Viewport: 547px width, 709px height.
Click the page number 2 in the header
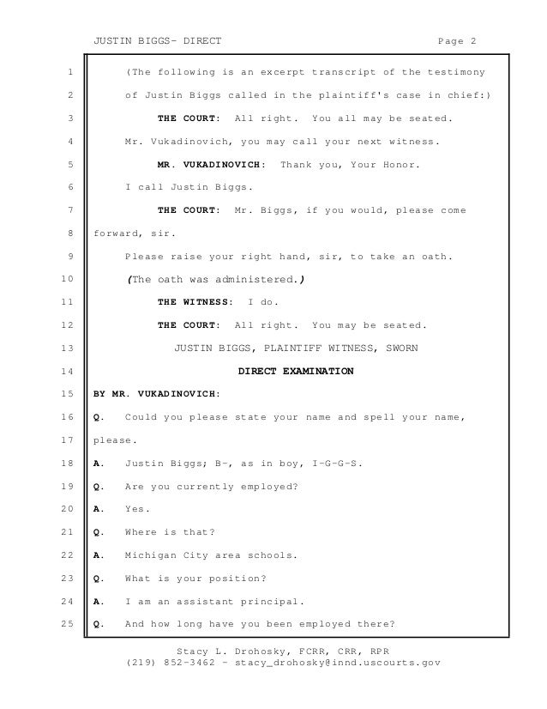coord(473,39)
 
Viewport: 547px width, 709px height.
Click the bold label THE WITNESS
coord(195,303)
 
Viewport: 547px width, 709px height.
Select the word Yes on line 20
coord(137,509)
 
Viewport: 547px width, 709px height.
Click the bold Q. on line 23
coord(99,578)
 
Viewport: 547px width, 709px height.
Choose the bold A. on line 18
coord(99,464)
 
